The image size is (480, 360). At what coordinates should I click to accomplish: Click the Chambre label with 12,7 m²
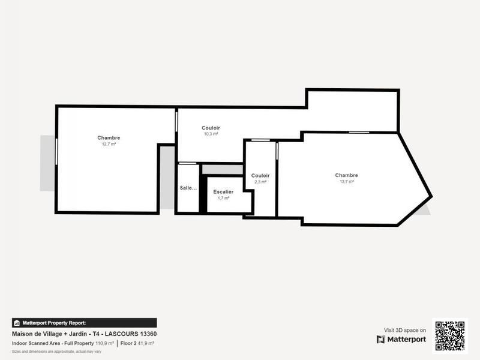[x=109, y=138]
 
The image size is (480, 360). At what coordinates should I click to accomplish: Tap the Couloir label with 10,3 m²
[x=211, y=128]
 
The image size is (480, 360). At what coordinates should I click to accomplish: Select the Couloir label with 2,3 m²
[x=260, y=175]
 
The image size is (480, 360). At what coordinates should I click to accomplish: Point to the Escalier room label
[x=223, y=191]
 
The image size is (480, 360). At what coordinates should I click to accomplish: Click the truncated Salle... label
[x=188, y=188]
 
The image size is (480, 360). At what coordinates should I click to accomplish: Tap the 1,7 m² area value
[x=223, y=197]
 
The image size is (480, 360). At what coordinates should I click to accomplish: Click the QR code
[x=449, y=336]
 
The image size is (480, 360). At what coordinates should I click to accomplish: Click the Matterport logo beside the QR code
[x=401, y=340]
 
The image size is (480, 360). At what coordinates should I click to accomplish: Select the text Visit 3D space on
[x=405, y=330]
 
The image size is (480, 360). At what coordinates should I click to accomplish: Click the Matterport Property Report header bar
[x=84, y=323]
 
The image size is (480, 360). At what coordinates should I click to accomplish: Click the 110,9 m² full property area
[x=104, y=343]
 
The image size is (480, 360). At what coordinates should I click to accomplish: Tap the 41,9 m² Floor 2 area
[x=146, y=343]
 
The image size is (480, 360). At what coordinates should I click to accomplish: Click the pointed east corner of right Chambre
[x=430, y=196]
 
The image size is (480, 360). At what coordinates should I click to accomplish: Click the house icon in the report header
[x=17, y=323]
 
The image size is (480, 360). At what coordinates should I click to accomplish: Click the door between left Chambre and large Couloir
[x=176, y=119]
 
